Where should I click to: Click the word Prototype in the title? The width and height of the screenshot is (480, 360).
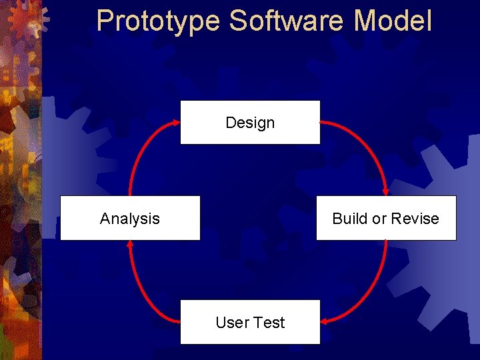click(157, 21)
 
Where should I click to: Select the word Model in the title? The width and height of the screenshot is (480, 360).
click(393, 21)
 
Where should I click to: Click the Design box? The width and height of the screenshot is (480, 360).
click(250, 122)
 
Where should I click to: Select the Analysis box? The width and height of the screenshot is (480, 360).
click(130, 218)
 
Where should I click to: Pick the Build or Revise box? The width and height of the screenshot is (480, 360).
click(386, 218)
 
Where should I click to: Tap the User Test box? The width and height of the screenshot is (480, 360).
click(250, 322)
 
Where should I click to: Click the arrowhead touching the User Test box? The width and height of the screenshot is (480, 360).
click(325, 321)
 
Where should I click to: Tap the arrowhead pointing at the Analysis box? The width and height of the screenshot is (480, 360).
click(131, 245)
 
